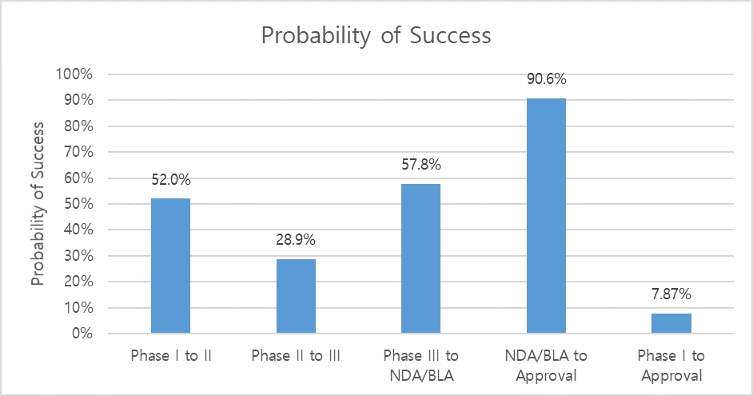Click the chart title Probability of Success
[376, 35]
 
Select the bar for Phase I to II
[170, 266]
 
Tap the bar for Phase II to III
[296, 296]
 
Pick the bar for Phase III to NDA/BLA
[420, 258]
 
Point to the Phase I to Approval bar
[671, 323]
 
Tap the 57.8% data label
[421, 166]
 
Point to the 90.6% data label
[547, 80]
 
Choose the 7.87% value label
[671, 295]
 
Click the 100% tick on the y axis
[76, 74]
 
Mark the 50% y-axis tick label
[79, 204]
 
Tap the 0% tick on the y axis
[83, 334]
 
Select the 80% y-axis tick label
[79, 126]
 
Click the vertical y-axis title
[38, 204]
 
